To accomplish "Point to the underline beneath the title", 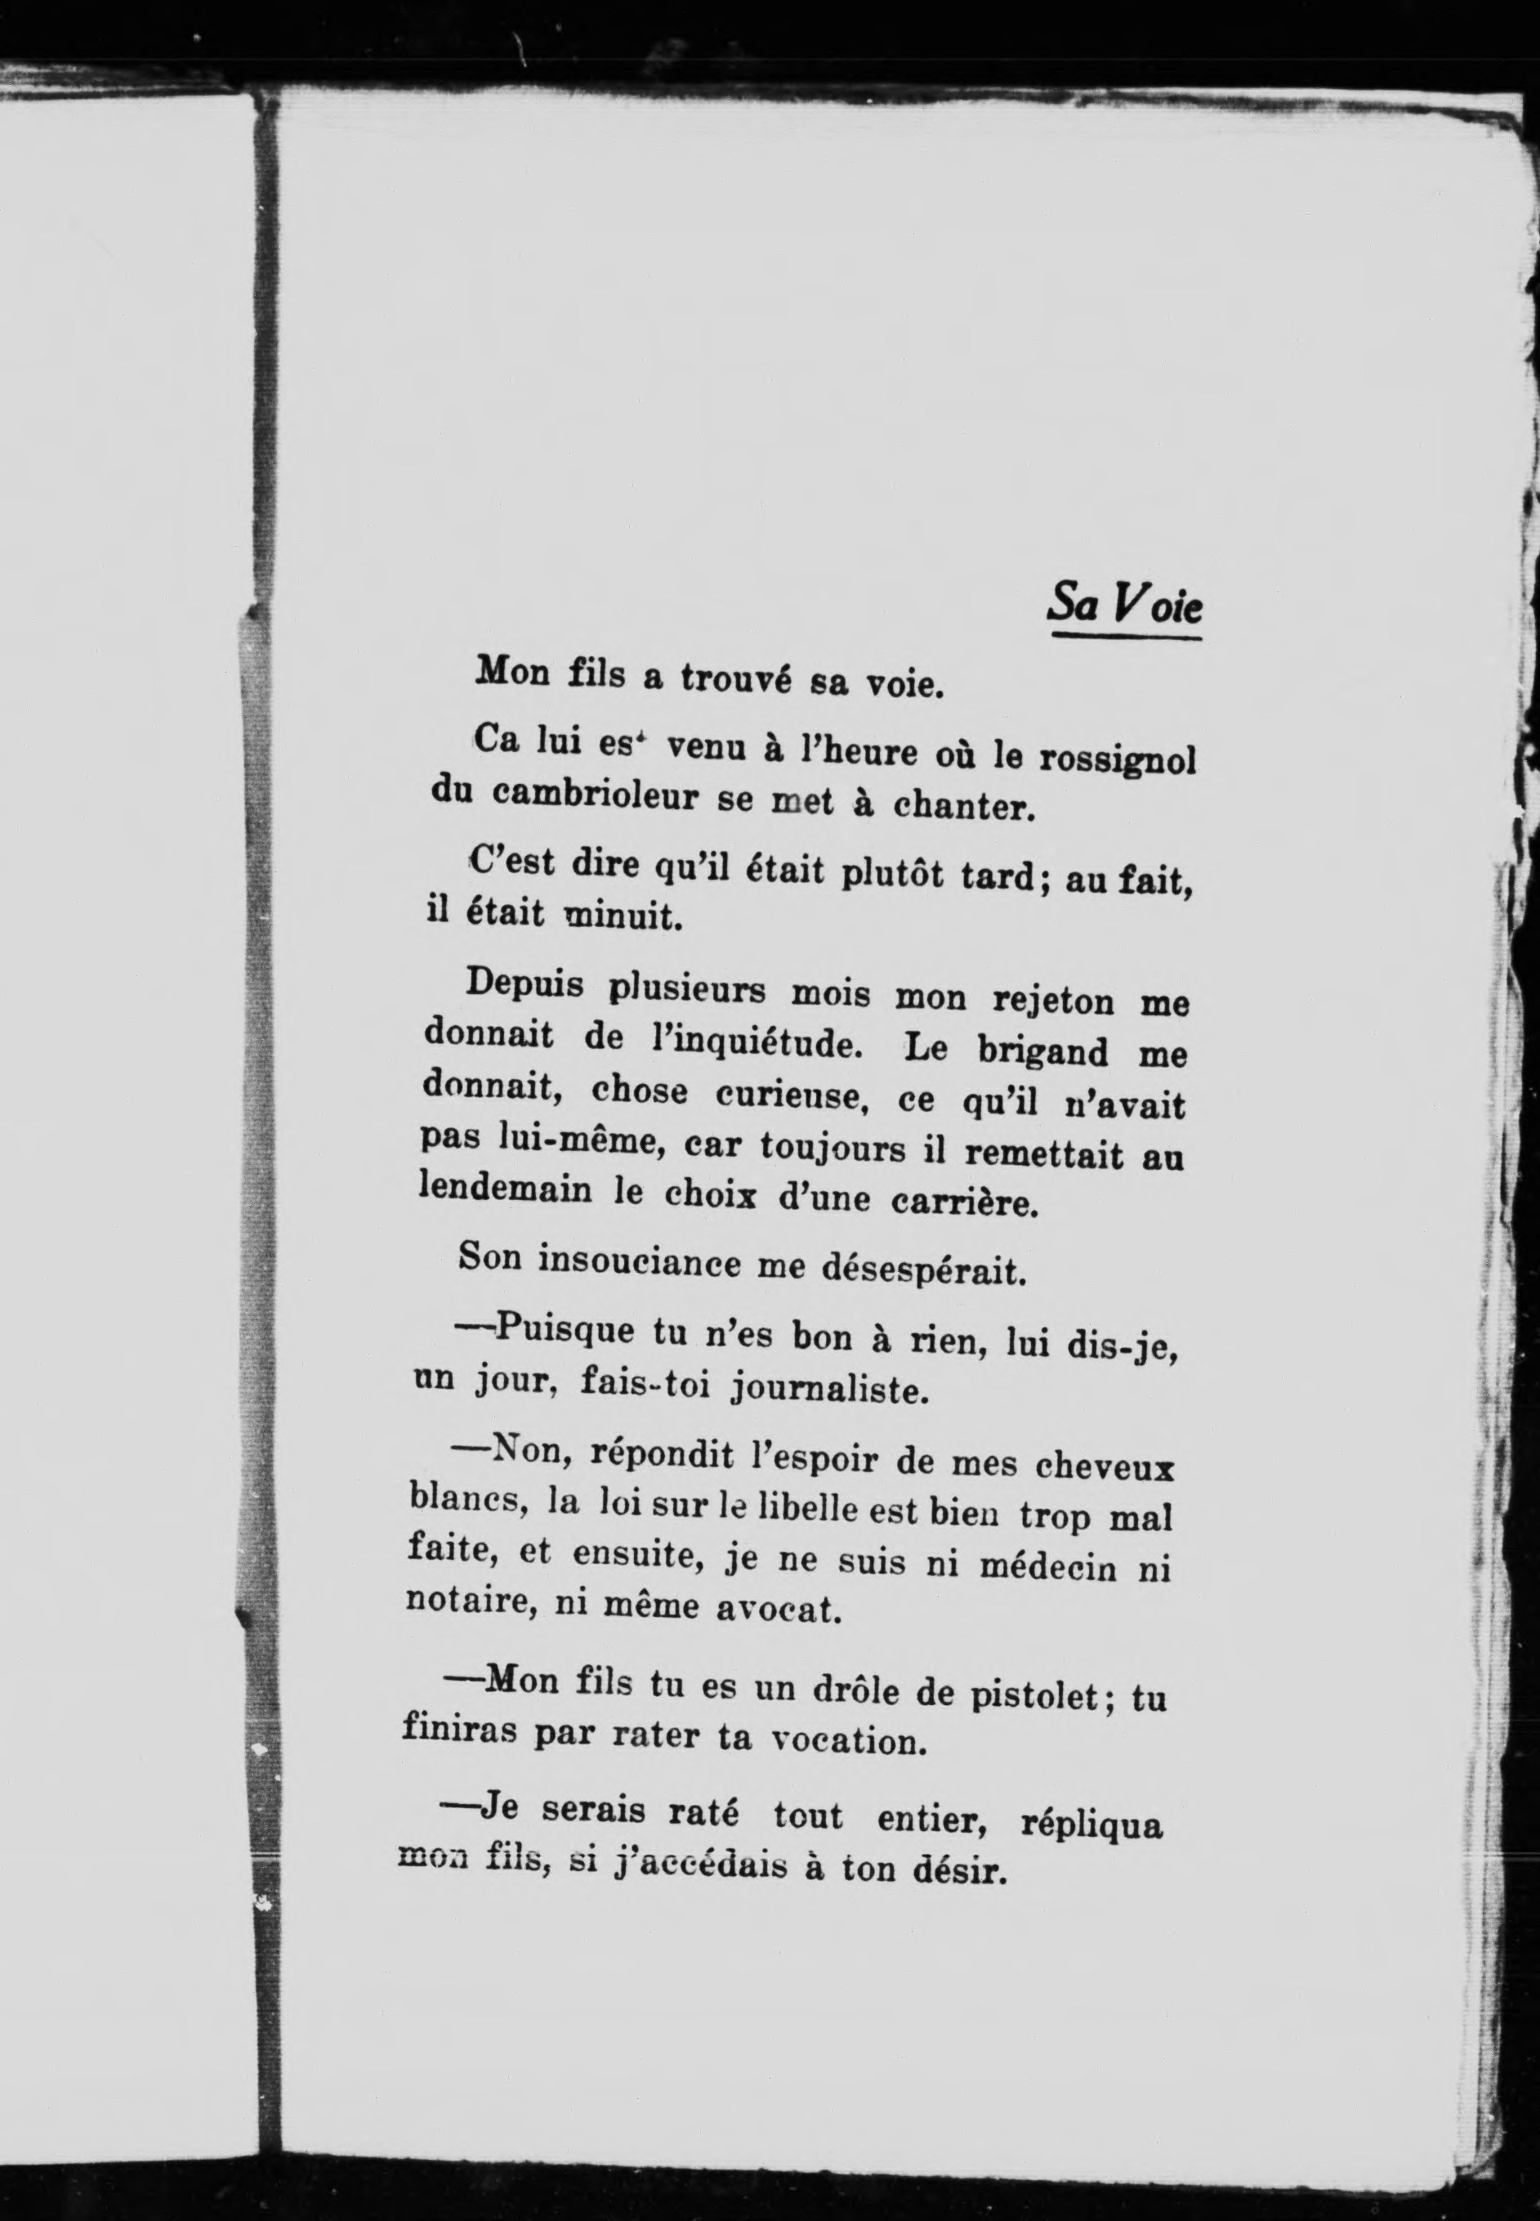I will [1126, 635].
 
